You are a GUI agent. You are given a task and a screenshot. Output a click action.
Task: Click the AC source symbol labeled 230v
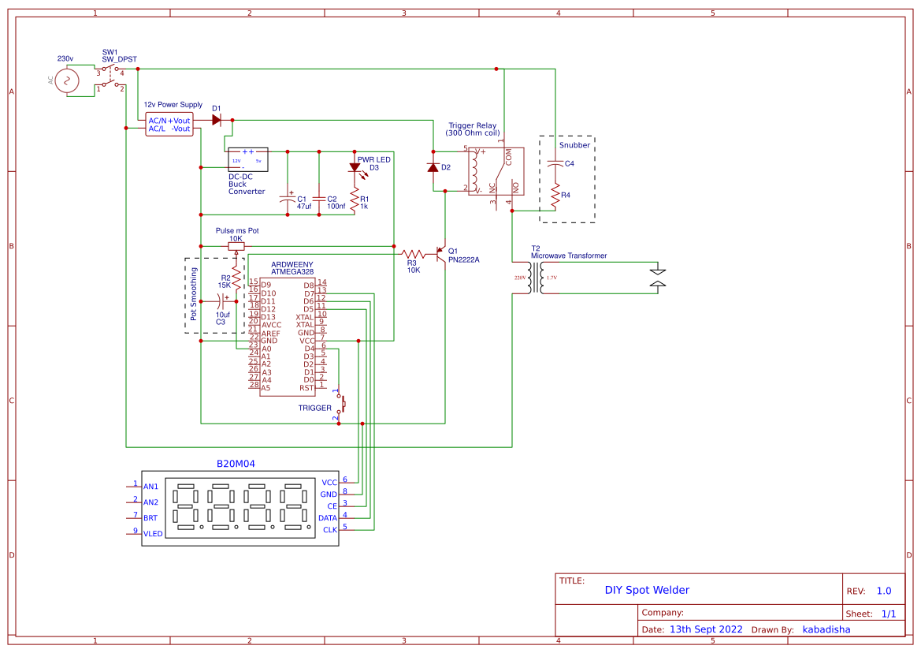pyautogui.click(x=66, y=80)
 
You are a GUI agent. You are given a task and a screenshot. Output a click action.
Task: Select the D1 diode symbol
pyautogui.click(x=217, y=120)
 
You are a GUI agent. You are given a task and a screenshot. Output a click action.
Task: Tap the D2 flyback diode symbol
pyautogui.click(x=433, y=167)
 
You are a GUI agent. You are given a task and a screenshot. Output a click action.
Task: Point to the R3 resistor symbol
pyautogui.click(x=413, y=254)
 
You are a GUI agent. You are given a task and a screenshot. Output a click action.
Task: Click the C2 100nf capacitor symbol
pyautogui.click(x=319, y=197)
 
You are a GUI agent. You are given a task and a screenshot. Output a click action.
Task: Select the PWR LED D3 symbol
pyautogui.click(x=355, y=168)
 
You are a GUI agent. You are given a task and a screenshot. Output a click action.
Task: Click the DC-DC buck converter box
pyautogui.click(x=247, y=159)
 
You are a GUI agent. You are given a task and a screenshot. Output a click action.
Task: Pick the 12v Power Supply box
pyautogui.click(x=169, y=124)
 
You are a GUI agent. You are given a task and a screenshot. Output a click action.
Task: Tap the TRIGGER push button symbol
pyautogui.click(x=341, y=403)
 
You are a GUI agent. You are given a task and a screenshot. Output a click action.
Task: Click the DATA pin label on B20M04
pyautogui.click(x=327, y=517)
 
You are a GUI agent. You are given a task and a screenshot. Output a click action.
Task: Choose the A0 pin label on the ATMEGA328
pyautogui.click(x=266, y=348)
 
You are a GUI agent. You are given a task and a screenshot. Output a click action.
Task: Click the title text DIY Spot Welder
pyautogui.click(x=647, y=590)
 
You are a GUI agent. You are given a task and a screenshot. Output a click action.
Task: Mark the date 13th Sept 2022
pyautogui.click(x=706, y=629)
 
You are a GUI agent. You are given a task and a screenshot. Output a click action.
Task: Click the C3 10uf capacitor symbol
pyautogui.click(x=223, y=300)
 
